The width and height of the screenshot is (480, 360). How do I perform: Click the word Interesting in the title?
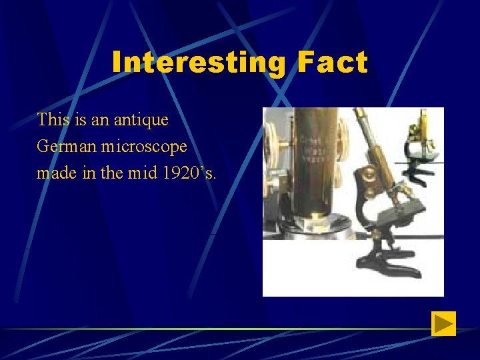click(x=199, y=63)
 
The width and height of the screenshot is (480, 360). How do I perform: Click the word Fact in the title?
click(x=332, y=63)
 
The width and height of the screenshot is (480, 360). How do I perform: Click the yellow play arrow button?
click(x=443, y=324)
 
